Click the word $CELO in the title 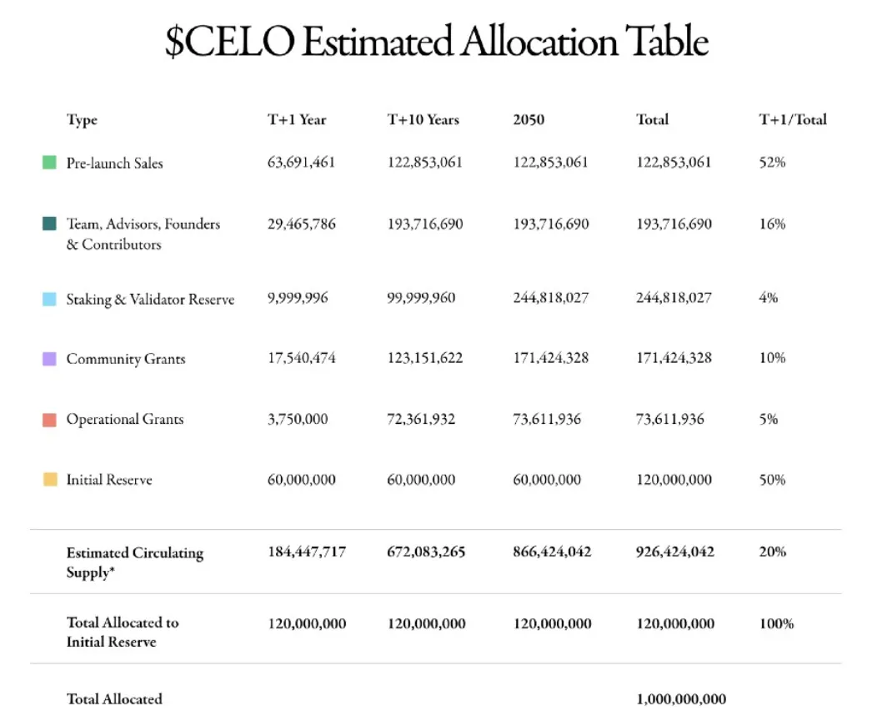pyautogui.click(x=229, y=43)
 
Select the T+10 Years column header pyautogui.click(x=423, y=119)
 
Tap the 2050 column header pyautogui.click(x=529, y=119)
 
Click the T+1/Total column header pyautogui.click(x=792, y=119)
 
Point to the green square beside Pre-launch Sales pyautogui.click(x=49, y=163)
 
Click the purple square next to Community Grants pyautogui.click(x=49, y=359)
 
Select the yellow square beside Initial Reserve pyautogui.click(x=49, y=480)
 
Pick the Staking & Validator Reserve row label pyautogui.click(x=150, y=300)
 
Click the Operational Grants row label pyautogui.click(x=124, y=420)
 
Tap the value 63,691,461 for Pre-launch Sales pyautogui.click(x=301, y=162)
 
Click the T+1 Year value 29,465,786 pyautogui.click(x=301, y=224)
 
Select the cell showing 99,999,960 pyautogui.click(x=421, y=298)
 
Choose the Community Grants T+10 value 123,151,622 pyautogui.click(x=424, y=358)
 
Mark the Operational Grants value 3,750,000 pyautogui.click(x=298, y=419)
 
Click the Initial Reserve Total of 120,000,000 pyautogui.click(x=674, y=480)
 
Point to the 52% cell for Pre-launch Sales pyautogui.click(x=772, y=162)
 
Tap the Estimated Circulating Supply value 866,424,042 pyautogui.click(x=552, y=552)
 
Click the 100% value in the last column pyautogui.click(x=776, y=623)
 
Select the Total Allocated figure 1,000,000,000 pyautogui.click(x=680, y=699)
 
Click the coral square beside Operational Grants pyautogui.click(x=49, y=420)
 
